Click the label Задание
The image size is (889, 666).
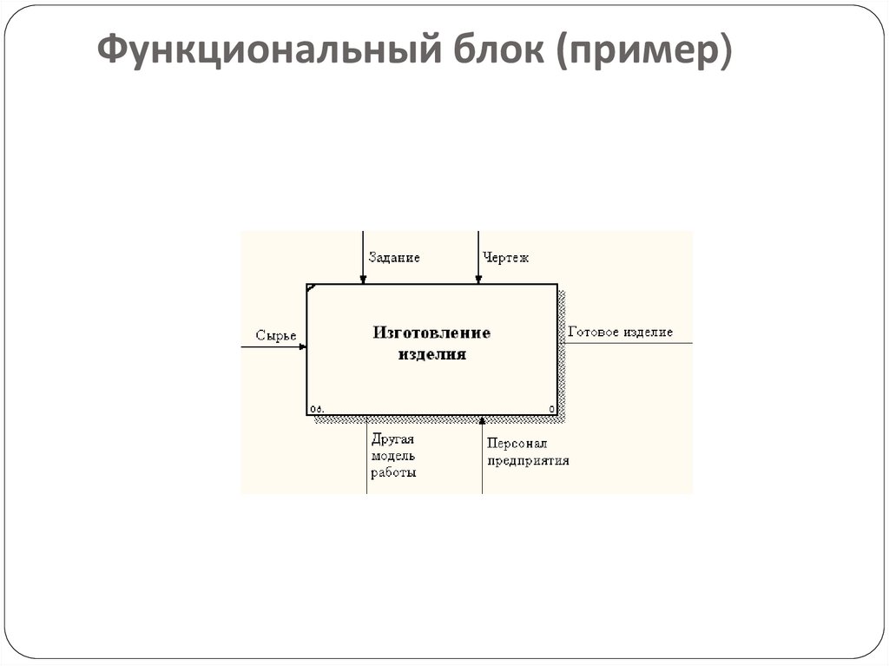[x=394, y=258]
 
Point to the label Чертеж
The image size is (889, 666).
[x=506, y=258]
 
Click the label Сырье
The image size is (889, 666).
[x=276, y=335]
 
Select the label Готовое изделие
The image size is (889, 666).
[x=620, y=332]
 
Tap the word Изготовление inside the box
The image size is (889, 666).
[x=432, y=333]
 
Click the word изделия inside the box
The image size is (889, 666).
[x=432, y=354]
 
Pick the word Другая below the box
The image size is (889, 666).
[x=392, y=439]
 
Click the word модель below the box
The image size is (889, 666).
[x=393, y=456]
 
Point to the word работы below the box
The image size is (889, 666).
[x=393, y=473]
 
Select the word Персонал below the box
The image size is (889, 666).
[x=517, y=443]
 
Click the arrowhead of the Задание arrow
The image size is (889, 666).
[x=364, y=279]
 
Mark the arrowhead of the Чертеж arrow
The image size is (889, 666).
[x=477, y=279]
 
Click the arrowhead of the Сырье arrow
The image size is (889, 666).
[x=302, y=346]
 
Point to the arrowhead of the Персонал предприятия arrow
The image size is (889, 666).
[x=483, y=421]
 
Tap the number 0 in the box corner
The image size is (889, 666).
[x=551, y=409]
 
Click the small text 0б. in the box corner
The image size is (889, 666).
[x=316, y=409]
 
